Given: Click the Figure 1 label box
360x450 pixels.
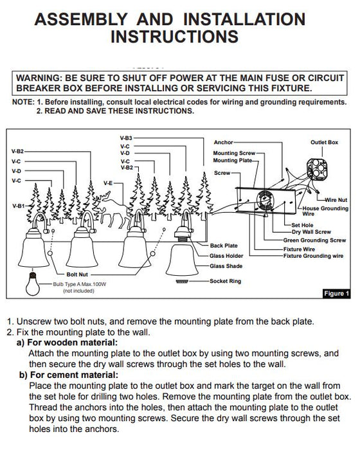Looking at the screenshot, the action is coord(336,294).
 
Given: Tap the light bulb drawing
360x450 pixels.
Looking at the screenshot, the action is coord(32,284).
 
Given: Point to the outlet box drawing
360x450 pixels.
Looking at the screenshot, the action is coord(317,167).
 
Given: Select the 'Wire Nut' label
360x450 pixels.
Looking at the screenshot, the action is coord(336,200).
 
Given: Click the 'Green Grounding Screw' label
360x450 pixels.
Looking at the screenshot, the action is coord(314,240).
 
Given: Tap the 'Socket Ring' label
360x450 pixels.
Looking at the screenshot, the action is coord(226,281).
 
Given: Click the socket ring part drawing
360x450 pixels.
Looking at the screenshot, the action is coord(182,282).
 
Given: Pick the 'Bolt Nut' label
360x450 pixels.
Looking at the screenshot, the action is coord(77,274).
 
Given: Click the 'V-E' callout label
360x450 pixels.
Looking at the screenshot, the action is coord(108,183).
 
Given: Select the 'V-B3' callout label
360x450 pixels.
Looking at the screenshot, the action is coord(126,138).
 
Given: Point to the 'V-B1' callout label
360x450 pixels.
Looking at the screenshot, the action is coord(19,206).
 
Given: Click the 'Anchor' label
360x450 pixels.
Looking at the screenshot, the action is coord(223,142).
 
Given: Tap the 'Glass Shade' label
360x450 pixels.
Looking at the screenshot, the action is coord(226,266).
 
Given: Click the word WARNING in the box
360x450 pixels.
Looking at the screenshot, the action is coord(39,78).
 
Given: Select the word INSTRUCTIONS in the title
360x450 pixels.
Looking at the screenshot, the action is coord(175,37).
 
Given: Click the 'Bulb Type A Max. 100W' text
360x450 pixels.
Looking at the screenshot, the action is coord(80,284).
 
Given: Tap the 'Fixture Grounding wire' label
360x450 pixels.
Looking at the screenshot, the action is coord(313,256).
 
